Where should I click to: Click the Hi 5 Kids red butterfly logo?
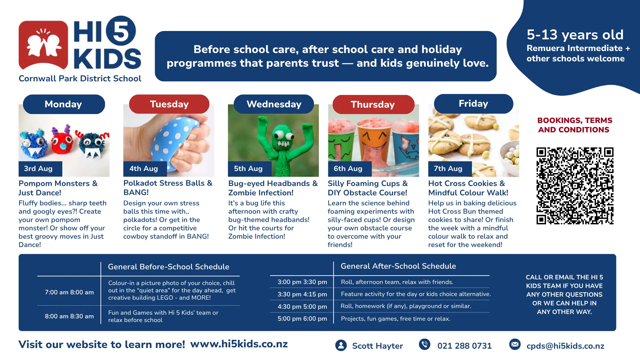tap(43, 45)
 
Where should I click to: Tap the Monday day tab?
tap(64, 104)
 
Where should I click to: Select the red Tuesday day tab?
tap(169, 104)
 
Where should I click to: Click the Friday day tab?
tap(473, 104)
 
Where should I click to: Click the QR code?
tap(575, 186)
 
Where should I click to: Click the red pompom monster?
tap(62, 142)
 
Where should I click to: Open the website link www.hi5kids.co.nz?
tap(239, 344)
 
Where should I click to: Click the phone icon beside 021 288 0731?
tap(425, 344)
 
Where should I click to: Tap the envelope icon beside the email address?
tap(515, 344)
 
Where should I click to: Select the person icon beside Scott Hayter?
tap(341, 345)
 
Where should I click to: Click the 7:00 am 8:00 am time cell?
tap(69, 292)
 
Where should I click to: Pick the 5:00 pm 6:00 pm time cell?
tap(302, 319)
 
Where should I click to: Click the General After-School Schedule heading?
tap(398, 266)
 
